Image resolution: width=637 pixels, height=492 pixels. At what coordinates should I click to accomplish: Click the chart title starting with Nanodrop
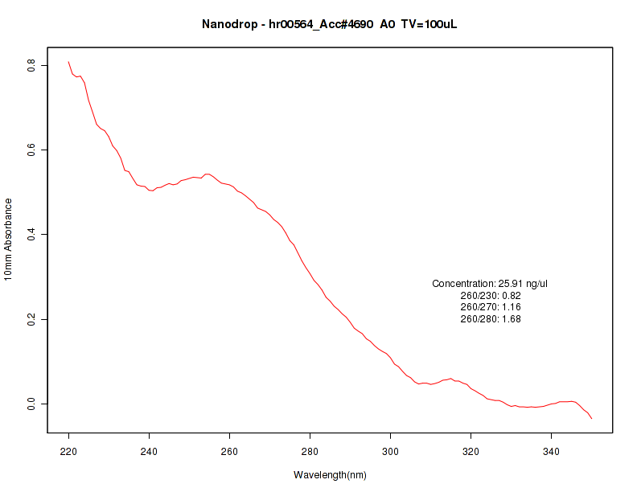point(330,25)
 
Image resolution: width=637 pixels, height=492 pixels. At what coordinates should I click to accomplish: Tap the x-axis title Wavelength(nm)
point(330,475)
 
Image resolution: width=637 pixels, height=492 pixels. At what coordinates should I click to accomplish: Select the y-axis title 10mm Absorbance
point(9,239)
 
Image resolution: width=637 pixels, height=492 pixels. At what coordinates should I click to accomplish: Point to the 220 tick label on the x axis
point(69,451)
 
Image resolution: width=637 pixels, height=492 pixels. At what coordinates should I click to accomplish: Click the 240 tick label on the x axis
point(150,451)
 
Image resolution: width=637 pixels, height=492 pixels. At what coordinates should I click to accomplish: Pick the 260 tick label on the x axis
point(230,451)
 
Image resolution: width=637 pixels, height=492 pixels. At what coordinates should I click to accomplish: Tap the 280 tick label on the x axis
point(310,451)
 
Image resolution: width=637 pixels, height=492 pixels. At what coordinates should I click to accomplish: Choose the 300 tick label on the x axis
point(391,451)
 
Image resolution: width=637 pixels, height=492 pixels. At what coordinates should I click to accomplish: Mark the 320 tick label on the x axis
point(471,451)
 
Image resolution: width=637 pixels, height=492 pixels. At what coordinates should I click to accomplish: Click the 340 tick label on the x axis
point(552,451)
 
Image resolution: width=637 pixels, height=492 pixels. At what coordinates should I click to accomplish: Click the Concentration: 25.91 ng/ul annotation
point(491,284)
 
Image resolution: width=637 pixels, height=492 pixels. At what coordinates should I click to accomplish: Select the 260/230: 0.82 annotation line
point(491,296)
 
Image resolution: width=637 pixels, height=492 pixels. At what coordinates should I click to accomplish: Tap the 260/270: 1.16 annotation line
point(491,307)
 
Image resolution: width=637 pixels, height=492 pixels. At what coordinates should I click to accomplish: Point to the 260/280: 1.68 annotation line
point(491,319)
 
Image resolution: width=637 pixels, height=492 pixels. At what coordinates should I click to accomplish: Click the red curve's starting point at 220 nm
point(69,62)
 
